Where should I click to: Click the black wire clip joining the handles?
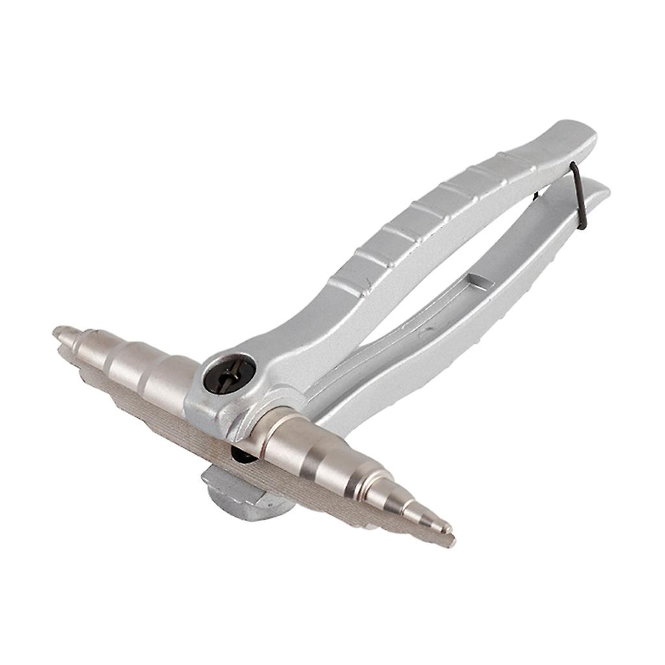pos(579,195)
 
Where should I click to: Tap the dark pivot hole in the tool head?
pos(229,374)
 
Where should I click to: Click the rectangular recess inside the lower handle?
pos(479,283)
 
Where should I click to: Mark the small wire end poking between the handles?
pos(535,195)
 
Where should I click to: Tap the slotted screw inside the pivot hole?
pos(229,375)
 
